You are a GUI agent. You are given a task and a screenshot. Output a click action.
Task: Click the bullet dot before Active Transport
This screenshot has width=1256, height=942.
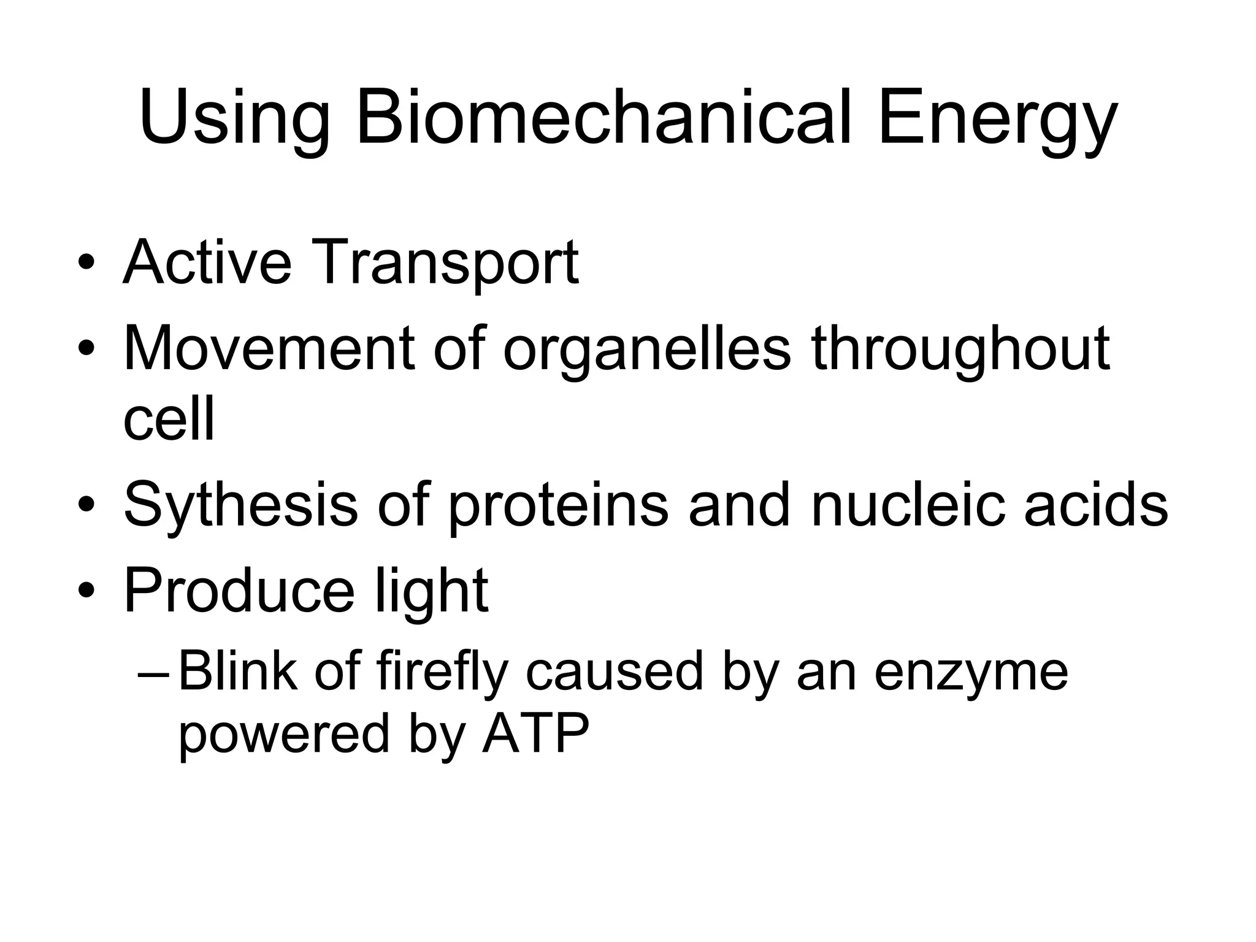pos(86,264)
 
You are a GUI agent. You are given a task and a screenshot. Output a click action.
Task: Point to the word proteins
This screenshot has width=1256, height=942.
pos(559,507)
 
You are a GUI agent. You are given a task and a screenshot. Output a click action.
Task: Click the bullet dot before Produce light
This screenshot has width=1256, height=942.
pos(86,591)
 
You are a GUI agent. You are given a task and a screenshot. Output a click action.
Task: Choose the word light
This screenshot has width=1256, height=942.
pos(431,591)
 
